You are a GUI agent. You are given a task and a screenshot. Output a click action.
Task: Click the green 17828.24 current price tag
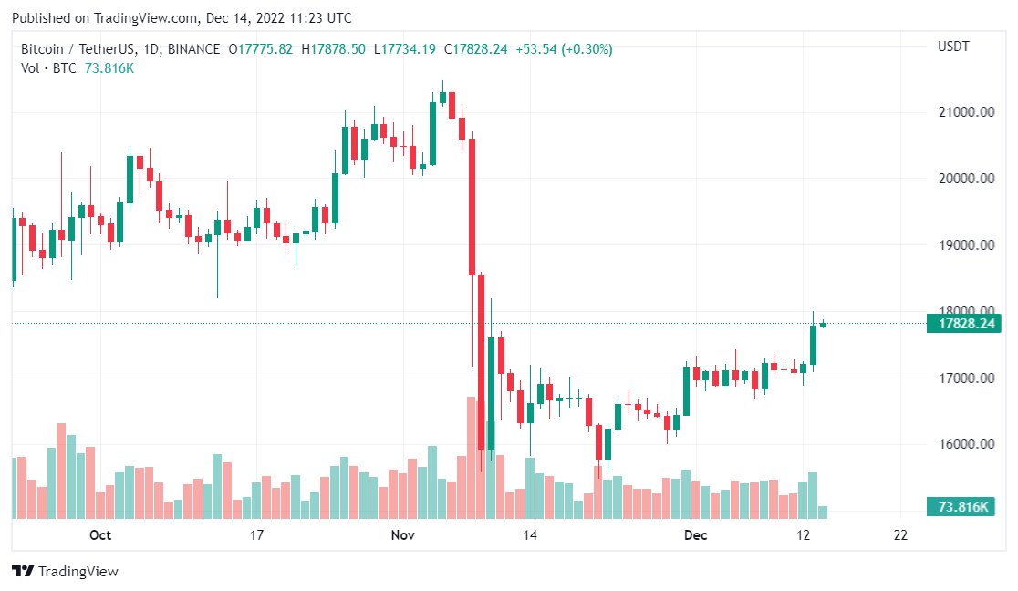click(x=962, y=324)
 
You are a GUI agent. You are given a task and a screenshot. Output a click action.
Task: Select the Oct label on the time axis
click(x=100, y=535)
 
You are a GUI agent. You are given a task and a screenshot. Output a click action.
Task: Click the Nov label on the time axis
click(x=402, y=535)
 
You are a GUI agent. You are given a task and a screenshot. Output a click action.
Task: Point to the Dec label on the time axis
click(x=696, y=535)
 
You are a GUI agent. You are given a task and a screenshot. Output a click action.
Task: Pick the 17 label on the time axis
click(x=256, y=535)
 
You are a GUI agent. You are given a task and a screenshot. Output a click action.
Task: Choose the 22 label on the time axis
click(x=900, y=535)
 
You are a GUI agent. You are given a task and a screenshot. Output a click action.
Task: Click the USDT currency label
click(x=953, y=47)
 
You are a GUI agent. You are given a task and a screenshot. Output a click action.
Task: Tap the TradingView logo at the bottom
click(x=66, y=572)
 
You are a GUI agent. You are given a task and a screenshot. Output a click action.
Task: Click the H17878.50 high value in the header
click(x=333, y=49)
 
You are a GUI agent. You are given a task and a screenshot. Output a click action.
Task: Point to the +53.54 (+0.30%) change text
click(x=564, y=49)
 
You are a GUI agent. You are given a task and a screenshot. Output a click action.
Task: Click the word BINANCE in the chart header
click(x=194, y=49)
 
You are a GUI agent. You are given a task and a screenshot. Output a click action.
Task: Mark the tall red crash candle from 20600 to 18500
click(x=472, y=206)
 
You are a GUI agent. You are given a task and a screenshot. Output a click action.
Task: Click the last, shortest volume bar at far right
click(x=823, y=513)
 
